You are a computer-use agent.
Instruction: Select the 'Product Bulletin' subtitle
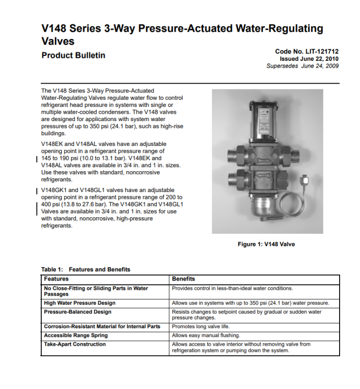(73, 55)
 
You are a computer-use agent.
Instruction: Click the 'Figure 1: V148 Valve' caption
(266, 244)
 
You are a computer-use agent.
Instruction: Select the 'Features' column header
(56, 279)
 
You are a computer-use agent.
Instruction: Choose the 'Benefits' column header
(183, 279)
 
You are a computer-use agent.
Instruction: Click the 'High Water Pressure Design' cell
(80, 303)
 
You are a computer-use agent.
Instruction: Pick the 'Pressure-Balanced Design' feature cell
(78, 312)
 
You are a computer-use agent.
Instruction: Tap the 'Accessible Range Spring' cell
(76, 336)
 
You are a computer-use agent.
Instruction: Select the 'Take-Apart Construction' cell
(75, 344)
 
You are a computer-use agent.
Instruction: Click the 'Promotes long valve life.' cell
(203, 326)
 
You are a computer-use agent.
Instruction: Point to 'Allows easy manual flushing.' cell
(206, 336)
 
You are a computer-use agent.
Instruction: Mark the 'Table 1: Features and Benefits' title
(86, 269)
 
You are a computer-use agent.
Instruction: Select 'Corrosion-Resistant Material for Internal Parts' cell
(102, 326)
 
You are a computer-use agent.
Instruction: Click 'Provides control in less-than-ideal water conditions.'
(232, 288)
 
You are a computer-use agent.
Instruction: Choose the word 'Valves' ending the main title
(58, 41)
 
